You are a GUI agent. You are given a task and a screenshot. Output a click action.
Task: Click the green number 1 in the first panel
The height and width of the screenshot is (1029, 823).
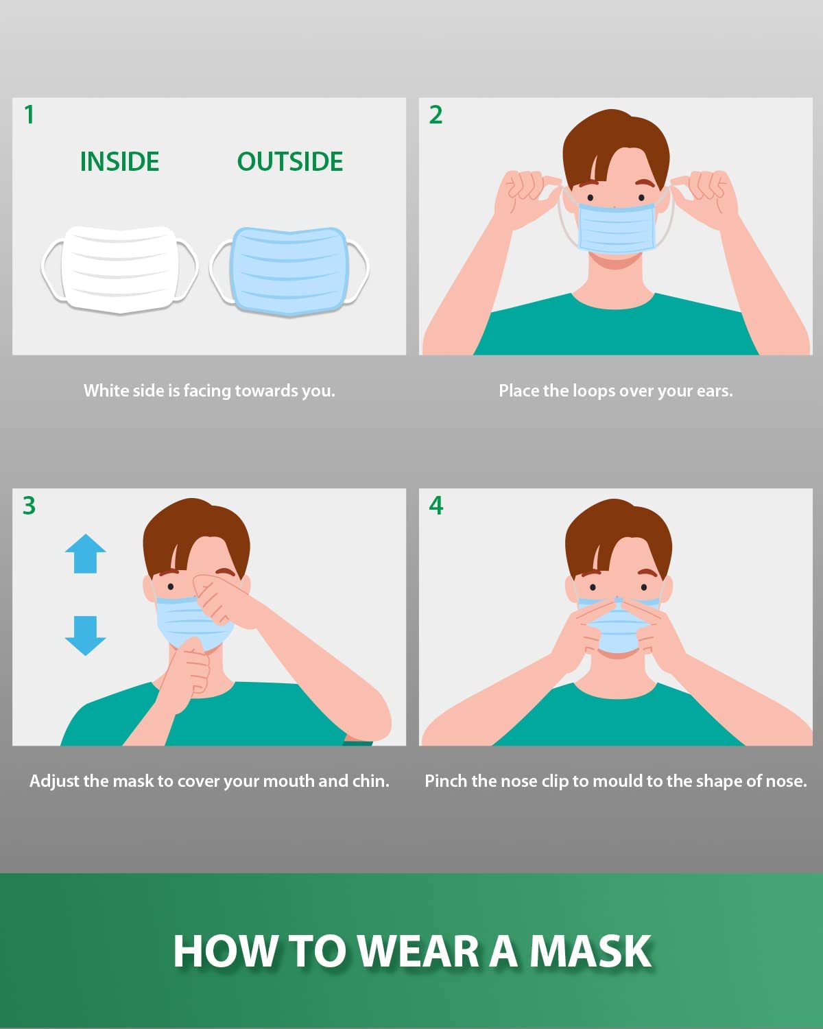29,115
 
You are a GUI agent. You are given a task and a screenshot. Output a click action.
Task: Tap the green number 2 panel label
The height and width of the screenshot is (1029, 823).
436,115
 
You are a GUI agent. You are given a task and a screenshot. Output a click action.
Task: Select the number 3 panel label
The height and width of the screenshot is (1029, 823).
29,506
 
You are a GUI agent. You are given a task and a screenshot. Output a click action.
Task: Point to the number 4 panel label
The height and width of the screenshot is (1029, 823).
436,506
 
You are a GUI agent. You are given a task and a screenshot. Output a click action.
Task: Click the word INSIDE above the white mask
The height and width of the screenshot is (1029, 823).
119,162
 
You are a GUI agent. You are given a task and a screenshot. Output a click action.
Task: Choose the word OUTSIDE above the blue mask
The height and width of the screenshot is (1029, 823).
290,162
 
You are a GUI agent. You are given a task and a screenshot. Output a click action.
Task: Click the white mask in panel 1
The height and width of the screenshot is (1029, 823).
119,270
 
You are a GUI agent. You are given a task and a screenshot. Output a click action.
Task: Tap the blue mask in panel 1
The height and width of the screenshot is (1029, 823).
290,271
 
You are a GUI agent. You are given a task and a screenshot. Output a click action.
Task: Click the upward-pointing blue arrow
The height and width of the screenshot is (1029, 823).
86,553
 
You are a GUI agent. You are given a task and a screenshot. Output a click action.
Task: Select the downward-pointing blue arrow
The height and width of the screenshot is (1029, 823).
86,636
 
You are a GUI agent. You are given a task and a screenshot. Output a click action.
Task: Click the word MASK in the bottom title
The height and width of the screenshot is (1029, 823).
591,951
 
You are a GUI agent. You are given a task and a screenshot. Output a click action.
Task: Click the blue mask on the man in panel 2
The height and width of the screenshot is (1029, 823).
616,228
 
